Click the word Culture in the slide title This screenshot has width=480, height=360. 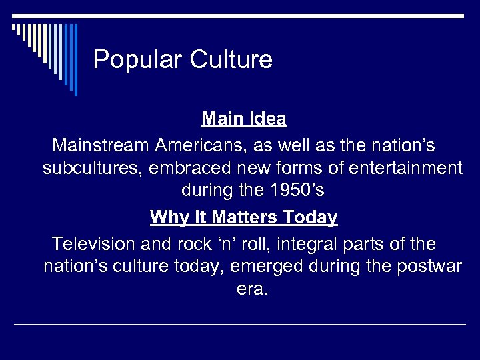[x=231, y=60]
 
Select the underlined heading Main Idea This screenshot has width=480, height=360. [x=244, y=119]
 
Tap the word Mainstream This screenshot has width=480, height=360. [x=101, y=144]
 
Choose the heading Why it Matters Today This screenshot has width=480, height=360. [x=244, y=217]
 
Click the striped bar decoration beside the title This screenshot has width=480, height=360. [x=47, y=53]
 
